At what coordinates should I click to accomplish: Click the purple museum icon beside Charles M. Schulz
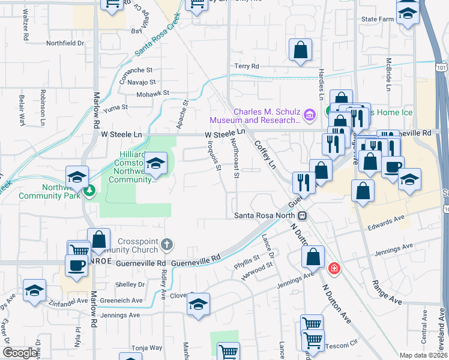[x=310, y=115]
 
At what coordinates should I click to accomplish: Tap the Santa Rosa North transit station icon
[x=303, y=215]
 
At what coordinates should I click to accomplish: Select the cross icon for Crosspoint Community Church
[x=167, y=244]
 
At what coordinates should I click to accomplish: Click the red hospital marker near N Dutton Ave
[x=334, y=268]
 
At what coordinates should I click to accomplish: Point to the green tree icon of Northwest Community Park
[x=89, y=190]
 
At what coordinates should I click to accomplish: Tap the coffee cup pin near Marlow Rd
[x=76, y=265]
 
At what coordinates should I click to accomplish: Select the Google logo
[x=20, y=353]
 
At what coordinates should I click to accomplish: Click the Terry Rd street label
[x=246, y=66]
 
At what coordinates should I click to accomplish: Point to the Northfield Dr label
[x=65, y=43]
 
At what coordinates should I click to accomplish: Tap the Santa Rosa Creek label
[x=157, y=40]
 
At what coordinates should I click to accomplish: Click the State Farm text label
[x=378, y=19]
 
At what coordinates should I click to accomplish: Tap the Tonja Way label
[x=147, y=347]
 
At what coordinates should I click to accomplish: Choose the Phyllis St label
[x=246, y=262]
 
